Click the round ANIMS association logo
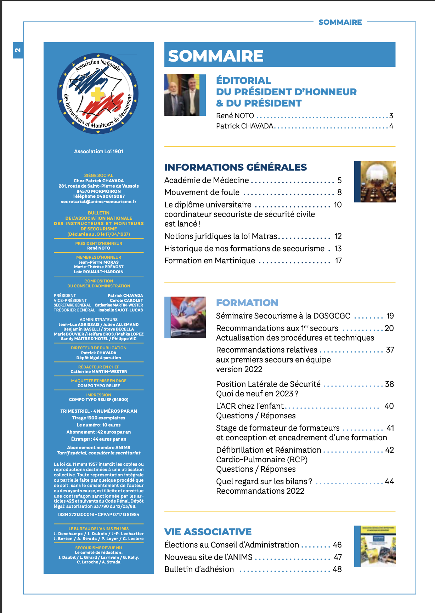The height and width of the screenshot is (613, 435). (98, 94)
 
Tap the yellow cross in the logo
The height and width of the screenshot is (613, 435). (98, 94)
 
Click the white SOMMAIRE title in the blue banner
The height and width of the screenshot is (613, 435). (216, 56)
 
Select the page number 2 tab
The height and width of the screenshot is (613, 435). (18, 50)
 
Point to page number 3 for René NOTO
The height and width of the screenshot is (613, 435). (391, 116)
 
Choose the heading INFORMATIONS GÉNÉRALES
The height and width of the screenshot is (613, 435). (236, 167)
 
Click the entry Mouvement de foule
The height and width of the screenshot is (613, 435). (202, 193)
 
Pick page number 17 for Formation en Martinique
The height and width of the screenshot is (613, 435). (338, 261)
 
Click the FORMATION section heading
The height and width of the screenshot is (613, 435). (247, 303)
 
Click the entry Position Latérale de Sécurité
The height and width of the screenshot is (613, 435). (268, 384)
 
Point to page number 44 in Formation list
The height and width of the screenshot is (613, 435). (389, 482)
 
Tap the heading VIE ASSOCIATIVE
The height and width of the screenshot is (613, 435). (208, 532)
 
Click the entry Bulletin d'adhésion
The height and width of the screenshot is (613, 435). (199, 569)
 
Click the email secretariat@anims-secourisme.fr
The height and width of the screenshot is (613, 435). (98, 202)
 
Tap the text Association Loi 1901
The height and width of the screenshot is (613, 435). (98, 151)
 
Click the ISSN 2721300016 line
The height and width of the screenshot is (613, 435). (98, 515)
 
